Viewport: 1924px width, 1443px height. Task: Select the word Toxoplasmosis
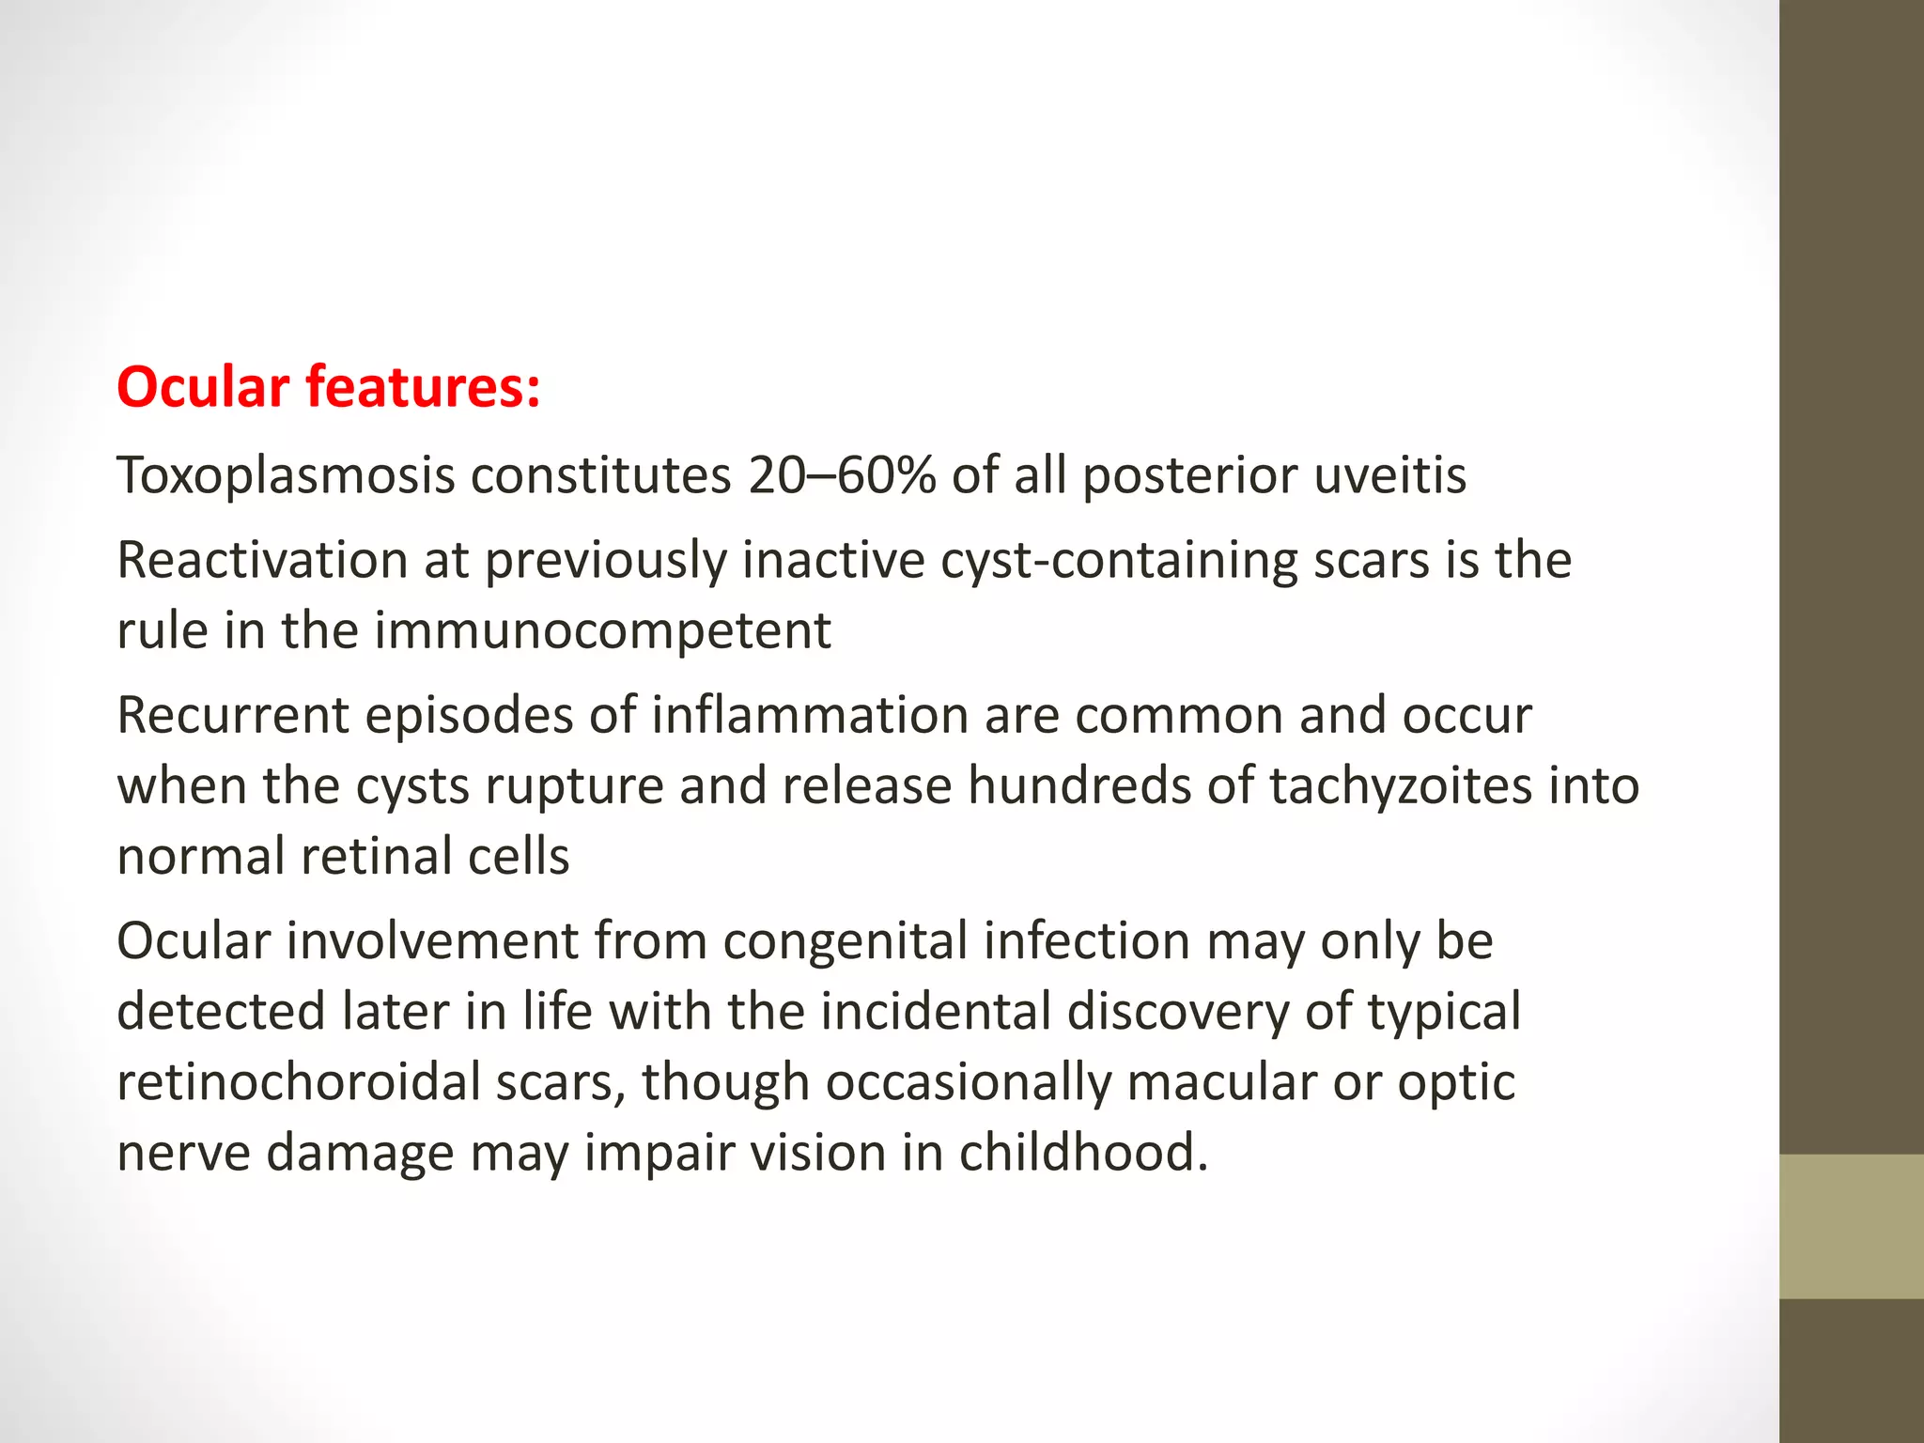[286, 475]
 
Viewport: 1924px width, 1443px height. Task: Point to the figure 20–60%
[842, 475]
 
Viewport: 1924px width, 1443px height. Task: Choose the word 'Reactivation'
[262, 560]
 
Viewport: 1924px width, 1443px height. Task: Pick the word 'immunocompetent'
[602, 630]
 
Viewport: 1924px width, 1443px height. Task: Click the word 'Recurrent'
[232, 715]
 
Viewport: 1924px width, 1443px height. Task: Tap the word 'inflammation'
[809, 715]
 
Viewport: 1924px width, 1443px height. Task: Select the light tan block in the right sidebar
[1851, 1226]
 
